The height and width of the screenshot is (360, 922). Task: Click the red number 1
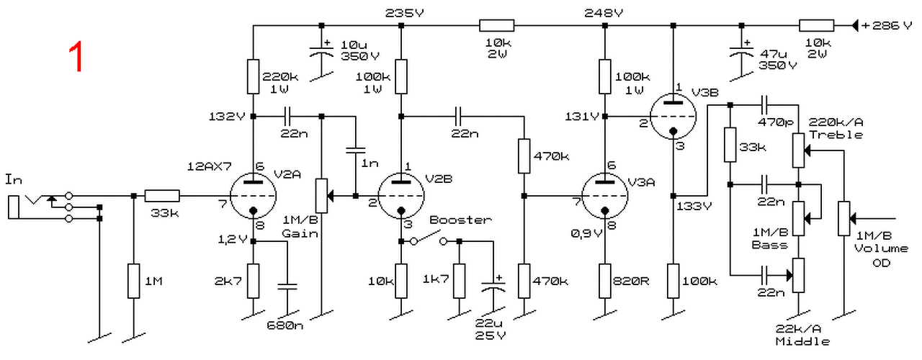pos(76,57)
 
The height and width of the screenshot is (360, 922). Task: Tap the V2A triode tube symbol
pos(253,196)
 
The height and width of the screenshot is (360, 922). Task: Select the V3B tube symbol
pos(673,117)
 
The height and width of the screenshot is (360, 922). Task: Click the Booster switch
pos(428,238)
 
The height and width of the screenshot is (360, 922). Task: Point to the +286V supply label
pos(886,25)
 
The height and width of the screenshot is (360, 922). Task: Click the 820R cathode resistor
pos(604,281)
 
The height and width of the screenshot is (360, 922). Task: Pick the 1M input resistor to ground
pos(134,281)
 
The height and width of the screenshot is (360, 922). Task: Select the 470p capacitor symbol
pos(765,105)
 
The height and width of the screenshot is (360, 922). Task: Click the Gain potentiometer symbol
pos(322,196)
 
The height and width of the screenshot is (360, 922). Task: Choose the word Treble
pos(836,135)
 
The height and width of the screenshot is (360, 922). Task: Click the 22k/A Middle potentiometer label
pos(802,335)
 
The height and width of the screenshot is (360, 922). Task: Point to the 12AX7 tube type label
pos(210,166)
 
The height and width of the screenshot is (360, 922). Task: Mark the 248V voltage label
pos(604,13)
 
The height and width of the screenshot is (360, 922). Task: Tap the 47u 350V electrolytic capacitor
pos(741,53)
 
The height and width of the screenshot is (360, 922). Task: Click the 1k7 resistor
pos(460,281)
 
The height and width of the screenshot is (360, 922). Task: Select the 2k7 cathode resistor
pos(253,281)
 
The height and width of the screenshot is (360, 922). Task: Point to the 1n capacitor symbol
pos(356,150)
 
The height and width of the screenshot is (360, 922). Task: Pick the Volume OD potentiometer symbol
pos(843,218)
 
